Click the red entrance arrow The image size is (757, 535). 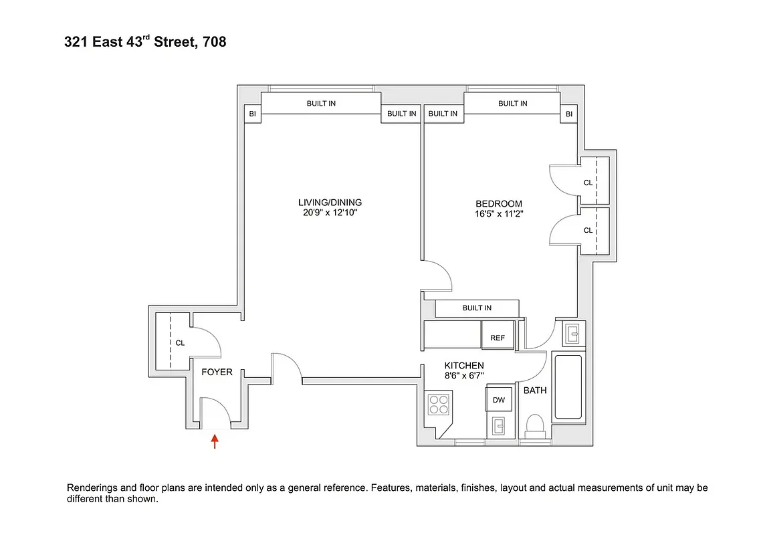(215, 441)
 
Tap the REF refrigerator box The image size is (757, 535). (498, 338)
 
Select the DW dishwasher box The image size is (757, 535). (498, 400)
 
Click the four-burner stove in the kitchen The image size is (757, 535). (439, 405)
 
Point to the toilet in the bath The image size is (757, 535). (535, 425)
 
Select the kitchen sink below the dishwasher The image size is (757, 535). (498, 425)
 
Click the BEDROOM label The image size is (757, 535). (498, 204)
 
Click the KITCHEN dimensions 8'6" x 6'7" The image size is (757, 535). (464, 376)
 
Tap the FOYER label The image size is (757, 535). (217, 372)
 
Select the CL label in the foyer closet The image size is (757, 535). (180, 342)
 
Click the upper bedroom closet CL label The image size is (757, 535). (588, 182)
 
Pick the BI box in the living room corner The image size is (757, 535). (252, 114)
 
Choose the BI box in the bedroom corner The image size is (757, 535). (568, 114)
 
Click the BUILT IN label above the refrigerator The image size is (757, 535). (477, 308)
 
